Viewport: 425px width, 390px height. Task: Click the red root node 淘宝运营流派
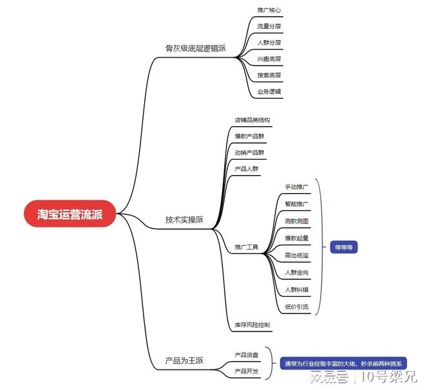pos(70,214)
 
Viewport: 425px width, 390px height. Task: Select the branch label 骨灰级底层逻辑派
pos(195,48)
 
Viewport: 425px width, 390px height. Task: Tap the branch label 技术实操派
pos(184,219)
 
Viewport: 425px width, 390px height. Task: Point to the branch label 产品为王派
pos(184,360)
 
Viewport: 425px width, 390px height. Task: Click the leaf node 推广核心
pos(269,10)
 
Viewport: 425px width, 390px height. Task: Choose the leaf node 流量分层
pos(269,26)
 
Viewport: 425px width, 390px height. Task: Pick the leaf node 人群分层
pos(269,42)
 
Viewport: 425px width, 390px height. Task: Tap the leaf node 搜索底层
pos(269,75)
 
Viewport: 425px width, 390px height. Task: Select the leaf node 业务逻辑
pos(269,91)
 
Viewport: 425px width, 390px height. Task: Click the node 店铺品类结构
pos(252,120)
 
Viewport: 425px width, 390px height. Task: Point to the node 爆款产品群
pos(249,136)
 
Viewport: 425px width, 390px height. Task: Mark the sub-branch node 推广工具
pos(247,247)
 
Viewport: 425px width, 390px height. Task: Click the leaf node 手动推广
pos(296,187)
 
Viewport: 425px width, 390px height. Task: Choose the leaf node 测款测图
pos(296,221)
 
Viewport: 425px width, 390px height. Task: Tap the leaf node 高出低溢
pos(296,255)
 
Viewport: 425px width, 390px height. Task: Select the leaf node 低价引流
pos(296,307)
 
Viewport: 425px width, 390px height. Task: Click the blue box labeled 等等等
pos(344,247)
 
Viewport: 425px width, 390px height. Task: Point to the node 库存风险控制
pos(252,325)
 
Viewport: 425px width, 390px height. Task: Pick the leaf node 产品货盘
pos(247,355)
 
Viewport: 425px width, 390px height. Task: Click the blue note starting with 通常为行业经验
pos(343,364)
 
